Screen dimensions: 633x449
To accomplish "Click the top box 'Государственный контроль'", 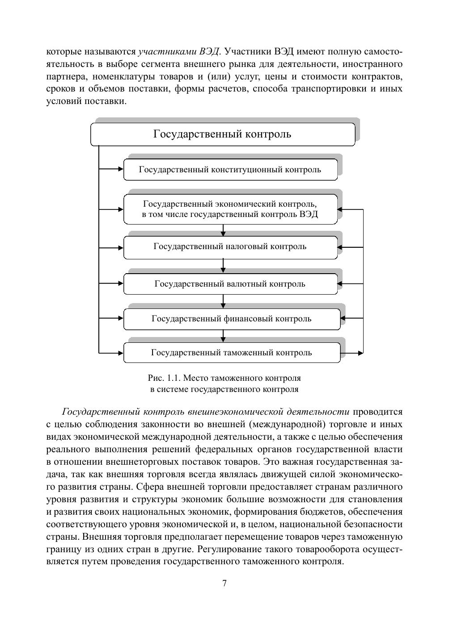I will [x=222, y=134].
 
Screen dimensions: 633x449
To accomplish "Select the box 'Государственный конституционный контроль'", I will [x=230, y=170].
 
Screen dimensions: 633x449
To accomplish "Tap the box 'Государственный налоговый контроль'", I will [x=230, y=246].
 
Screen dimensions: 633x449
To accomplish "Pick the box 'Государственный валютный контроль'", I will [x=230, y=284].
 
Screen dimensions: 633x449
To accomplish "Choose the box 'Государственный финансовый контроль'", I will [x=231, y=319].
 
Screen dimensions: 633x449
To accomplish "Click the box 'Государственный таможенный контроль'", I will [x=231, y=353].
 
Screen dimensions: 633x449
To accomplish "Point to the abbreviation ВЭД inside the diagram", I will [x=309, y=214].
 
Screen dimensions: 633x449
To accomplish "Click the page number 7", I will [x=224, y=583].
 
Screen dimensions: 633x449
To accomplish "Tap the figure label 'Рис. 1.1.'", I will [x=164, y=378].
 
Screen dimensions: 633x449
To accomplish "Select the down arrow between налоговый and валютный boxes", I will [x=223, y=266].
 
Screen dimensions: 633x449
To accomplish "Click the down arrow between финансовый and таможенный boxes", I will [x=223, y=336].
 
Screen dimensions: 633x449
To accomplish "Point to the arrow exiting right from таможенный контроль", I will [x=352, y=353].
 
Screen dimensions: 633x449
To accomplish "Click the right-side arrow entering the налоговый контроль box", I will [x=350, y=247].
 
